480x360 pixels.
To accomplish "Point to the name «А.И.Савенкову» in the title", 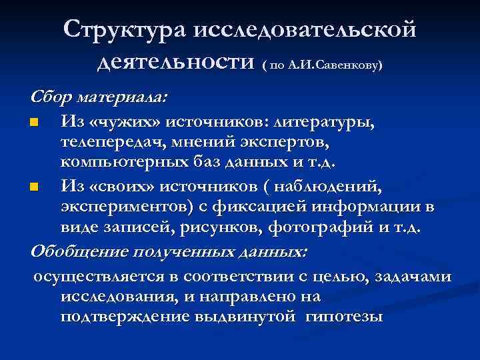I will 333,66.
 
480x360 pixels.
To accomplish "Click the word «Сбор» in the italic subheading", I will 51,97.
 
